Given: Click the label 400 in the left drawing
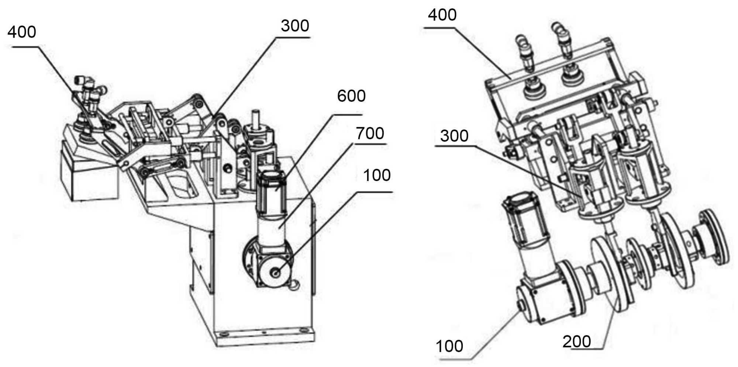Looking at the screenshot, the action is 22,32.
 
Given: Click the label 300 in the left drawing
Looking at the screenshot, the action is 295,26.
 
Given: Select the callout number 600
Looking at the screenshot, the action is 351,96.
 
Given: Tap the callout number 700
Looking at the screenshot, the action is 370,133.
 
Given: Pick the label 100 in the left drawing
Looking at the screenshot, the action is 377,175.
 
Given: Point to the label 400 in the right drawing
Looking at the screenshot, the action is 442,15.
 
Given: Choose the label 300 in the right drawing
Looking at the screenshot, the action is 454,136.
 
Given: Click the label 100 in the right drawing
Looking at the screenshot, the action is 449,346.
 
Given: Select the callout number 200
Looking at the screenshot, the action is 577,342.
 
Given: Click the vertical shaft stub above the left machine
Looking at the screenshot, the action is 255,118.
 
